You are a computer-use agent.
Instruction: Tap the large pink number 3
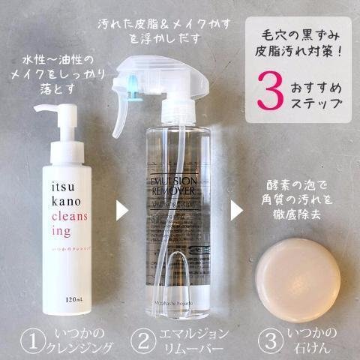point(271,88)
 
